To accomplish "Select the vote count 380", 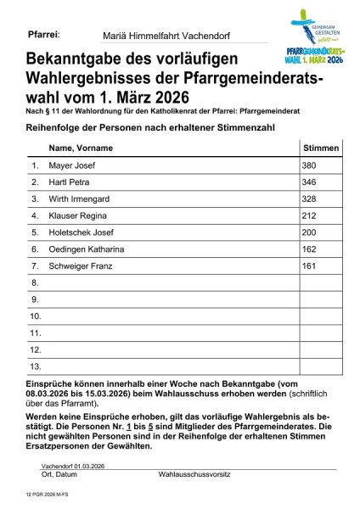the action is point(310,165).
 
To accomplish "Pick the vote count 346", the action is point(310,182).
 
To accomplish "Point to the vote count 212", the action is point(310,215).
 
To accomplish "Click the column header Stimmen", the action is point(321,148).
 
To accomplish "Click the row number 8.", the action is point(35,282).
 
